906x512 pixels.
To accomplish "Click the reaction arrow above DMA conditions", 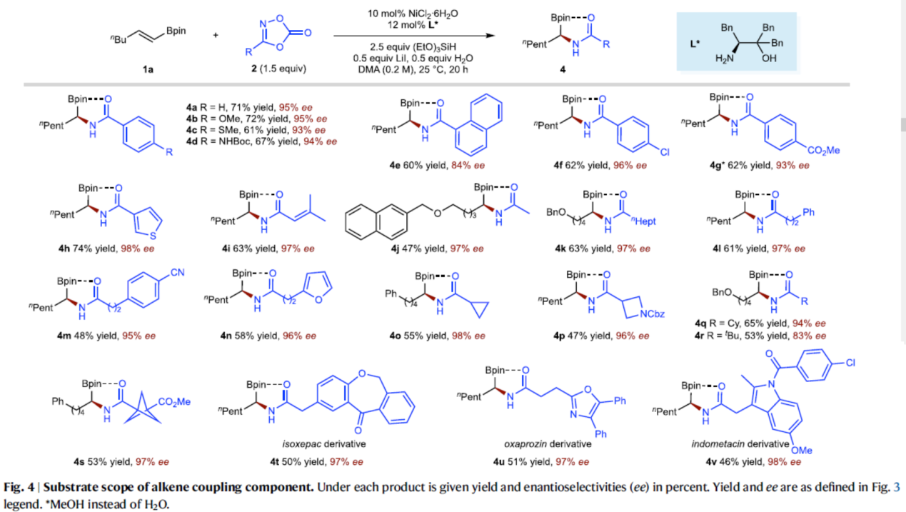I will pyautogui.click(x=414, y=34).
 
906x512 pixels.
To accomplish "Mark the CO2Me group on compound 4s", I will pyautogui.click(x=176, y=402).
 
